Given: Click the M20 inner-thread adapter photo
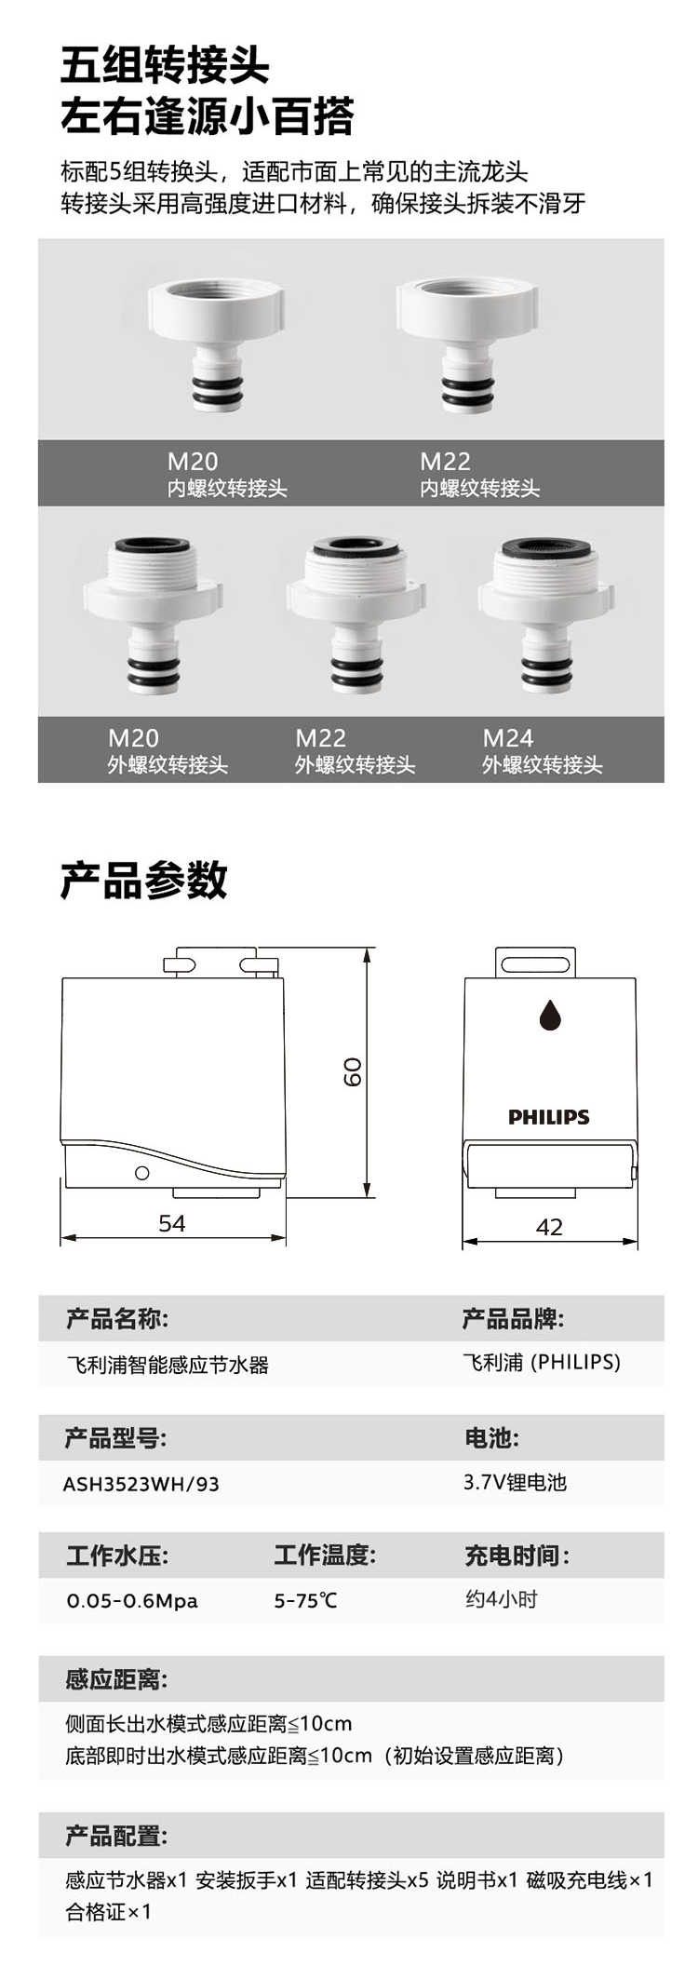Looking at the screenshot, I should point(215,343).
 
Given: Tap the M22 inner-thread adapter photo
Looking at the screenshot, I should point(466,343).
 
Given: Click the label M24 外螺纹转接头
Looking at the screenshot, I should point(542,751).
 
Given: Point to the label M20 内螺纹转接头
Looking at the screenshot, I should point(227,475).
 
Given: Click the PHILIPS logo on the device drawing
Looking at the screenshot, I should point(549,1117).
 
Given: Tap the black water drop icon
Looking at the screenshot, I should point(550,1015).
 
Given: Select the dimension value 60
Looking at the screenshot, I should point(353,1071).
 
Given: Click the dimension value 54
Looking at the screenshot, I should point(172,1223).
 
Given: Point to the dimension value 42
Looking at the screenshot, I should point(549,1227).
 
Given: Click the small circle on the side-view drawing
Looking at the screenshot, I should point(142,1173).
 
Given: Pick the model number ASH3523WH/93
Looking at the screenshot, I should point(141,1484).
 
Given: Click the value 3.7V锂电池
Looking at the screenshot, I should point(515,1482).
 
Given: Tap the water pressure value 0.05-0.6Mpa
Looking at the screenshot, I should point(132,1601).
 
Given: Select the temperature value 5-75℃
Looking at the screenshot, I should point(305,1601).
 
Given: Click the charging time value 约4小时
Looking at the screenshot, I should point(501,1599).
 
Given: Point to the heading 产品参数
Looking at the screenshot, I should point(144,880).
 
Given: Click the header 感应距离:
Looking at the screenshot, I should point(116,1680).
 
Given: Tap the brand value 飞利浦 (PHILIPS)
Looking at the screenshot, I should point(541,1363).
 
